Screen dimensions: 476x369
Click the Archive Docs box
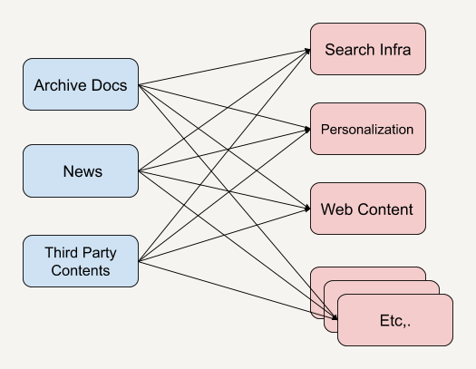pos(81,84)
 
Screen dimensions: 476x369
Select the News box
pos(81,170)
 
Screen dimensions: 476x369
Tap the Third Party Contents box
pos(81,261)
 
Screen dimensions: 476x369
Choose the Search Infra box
pos(368,49)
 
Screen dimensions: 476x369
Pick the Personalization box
pos(368,129)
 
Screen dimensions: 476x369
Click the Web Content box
pos(368,209)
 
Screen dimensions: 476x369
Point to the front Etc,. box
pos(395,320)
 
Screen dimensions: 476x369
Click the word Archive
pos(61,85)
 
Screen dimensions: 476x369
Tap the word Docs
pos(109,85)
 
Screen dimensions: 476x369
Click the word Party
pos(99,253)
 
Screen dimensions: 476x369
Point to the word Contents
pos(81,270)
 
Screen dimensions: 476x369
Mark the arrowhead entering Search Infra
pos(308,51)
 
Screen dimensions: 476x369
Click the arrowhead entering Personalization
pos(308,130)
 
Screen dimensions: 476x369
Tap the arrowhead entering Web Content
pos(308,209)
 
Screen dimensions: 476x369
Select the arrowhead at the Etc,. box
pos(335,317)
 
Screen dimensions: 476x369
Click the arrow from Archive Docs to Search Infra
pos(224,67)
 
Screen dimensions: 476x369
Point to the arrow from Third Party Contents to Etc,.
pos(238,290)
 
